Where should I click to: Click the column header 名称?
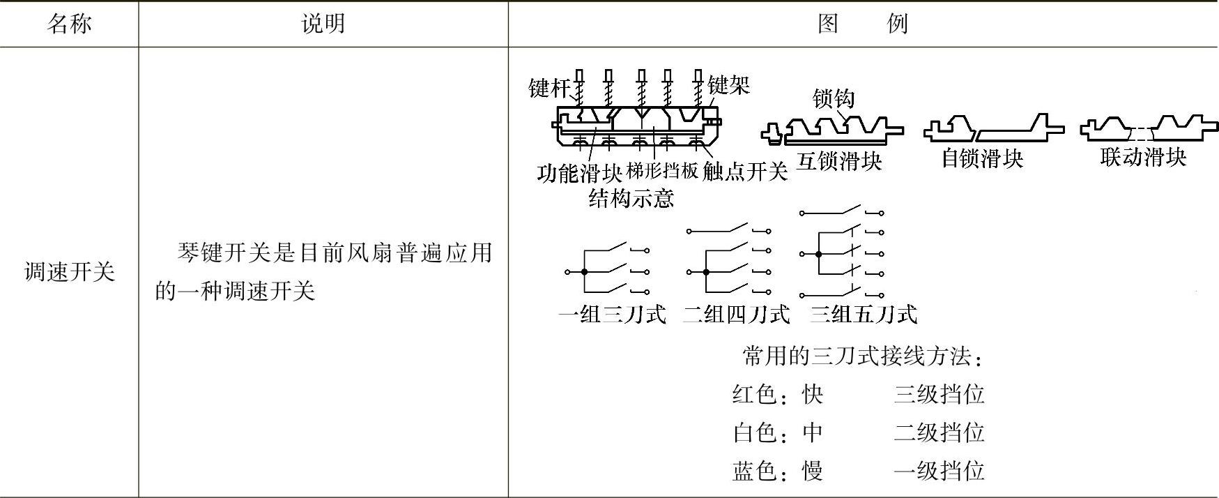(x=69, y=24)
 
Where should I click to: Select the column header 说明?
(x=323, y=24)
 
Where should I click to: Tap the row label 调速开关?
(x=69, y=272)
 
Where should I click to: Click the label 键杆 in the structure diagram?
(x=549, y=89)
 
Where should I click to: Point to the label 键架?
(x=728, y=86)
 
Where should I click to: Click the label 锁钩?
(x=833, y=98)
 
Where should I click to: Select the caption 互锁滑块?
(x=839, y=162)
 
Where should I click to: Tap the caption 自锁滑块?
(x=982, y=159)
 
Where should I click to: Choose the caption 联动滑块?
(x=1143, y=157)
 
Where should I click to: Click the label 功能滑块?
(x=579, y=172)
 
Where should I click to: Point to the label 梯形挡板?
(x=662, y=171)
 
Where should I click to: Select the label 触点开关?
(x=744, y=172)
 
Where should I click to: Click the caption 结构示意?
(x=631, y=199)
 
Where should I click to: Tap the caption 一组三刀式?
(x=612, y=315)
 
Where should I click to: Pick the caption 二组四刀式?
(x=736, y=315)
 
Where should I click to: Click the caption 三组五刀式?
(x=863, y=315)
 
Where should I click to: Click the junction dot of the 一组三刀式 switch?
(x=584, y=272)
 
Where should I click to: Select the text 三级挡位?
(x=939, y=395)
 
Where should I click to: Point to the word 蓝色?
(x=755, y=471)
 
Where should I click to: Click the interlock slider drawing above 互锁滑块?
(x=833, y=130)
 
